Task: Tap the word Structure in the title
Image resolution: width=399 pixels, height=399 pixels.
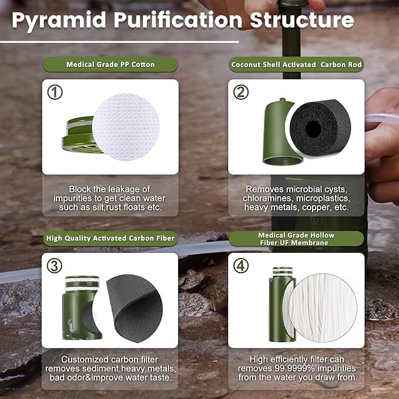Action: click(302, 20)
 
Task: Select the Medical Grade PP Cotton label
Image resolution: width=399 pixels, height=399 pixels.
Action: click(110, 65)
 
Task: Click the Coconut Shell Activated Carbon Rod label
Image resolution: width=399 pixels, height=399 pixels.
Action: click(297, 65)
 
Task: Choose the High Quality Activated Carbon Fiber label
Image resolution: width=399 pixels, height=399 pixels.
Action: click(111, 238)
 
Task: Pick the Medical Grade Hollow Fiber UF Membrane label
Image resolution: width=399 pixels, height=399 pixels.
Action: click(297, 239)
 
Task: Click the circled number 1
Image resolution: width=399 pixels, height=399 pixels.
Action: click(55, 92)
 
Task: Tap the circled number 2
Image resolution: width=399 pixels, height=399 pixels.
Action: click(241, 92)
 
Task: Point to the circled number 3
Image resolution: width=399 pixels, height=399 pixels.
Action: click(55, 265)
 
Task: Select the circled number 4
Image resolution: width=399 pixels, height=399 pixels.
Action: click(241, 265)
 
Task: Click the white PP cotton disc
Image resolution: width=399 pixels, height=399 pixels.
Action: click(126, 126)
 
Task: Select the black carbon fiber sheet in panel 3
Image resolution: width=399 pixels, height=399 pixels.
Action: click(130, 306)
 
